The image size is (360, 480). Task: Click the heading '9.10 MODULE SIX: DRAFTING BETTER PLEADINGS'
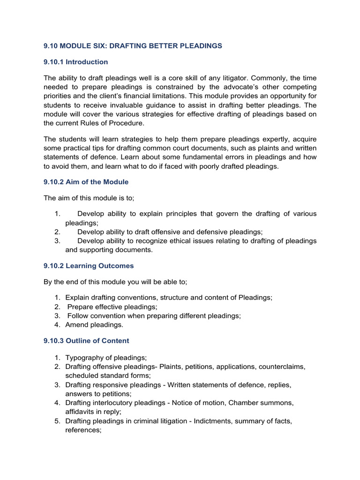pos(133,45)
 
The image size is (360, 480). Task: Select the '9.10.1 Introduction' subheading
pos(75,62)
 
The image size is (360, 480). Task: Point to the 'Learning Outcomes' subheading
pos(99,266)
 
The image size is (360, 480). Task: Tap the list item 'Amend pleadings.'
pos(94,325)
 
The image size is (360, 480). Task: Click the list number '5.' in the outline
pos(57,421)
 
